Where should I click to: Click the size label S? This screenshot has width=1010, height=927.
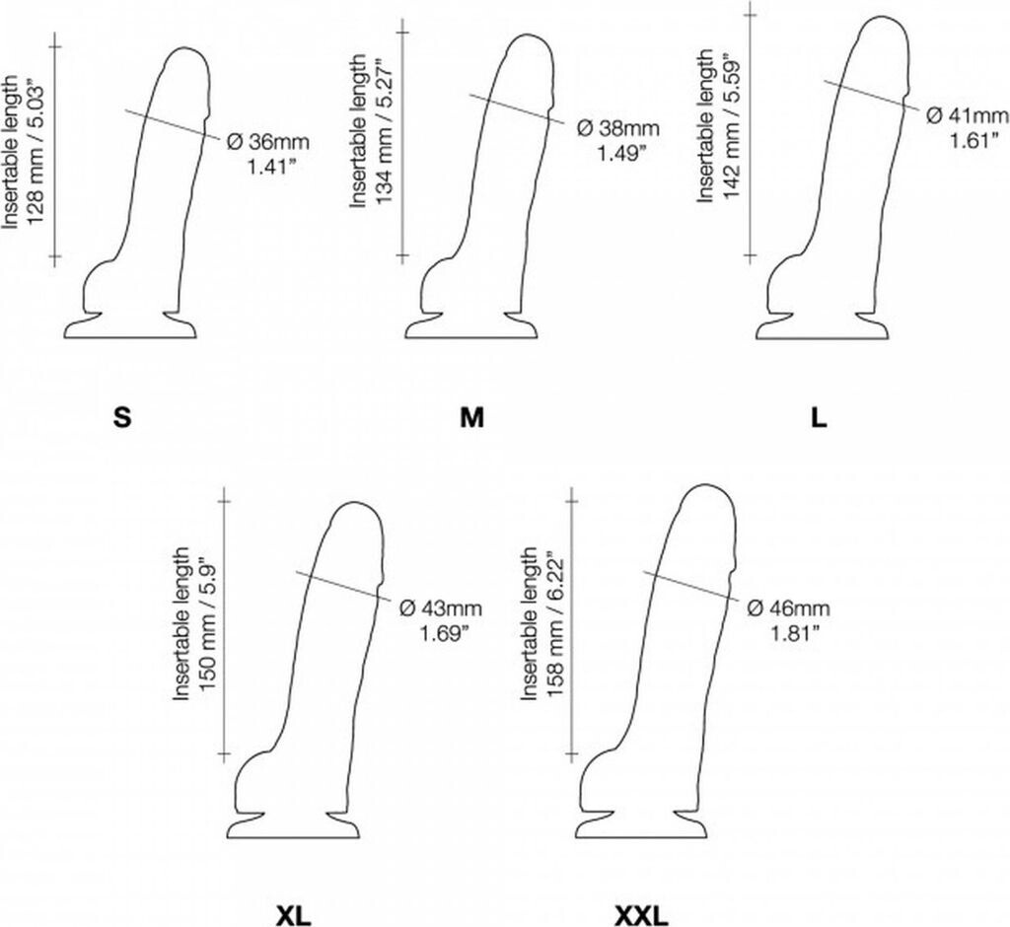pyautogui.click(x=121, y=418)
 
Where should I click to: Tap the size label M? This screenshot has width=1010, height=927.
pyautogui.click(x=471, y=418)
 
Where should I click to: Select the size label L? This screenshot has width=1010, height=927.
pyautogui.click(x=819, y=418)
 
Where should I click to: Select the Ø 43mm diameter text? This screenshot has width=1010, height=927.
pyautogui.click(x=437, y=606)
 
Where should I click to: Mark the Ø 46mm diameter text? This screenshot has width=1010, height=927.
pyautogui.click(x=788, y=606)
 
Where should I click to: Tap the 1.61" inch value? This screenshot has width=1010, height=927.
pyautogui.click(x=968, y=141)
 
